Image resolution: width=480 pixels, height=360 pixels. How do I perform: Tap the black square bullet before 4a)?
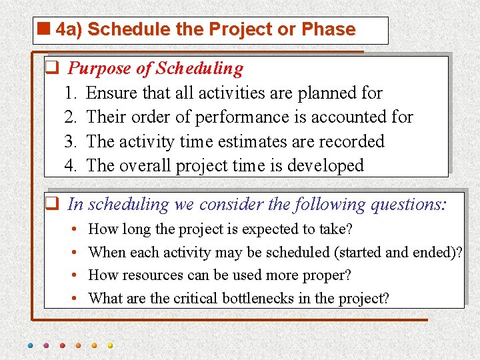(x=45, y=29)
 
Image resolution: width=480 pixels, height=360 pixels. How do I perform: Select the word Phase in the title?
(x=329, y=29)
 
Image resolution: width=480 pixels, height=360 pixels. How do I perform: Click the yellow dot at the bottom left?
(x=111, y=346)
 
